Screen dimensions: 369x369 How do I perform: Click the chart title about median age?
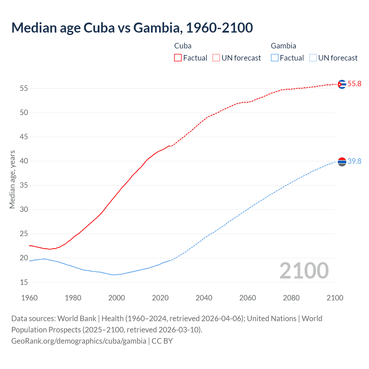[132, 28]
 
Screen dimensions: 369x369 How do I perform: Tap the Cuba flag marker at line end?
[342, 84]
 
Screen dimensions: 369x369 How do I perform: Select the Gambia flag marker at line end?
[342, 162]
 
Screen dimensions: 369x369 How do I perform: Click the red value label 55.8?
[354, 84]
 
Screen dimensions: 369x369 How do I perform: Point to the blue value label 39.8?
[354, 161]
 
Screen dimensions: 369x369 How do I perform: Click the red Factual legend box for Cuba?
[178, 58]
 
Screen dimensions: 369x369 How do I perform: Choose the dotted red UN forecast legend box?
[216, 58]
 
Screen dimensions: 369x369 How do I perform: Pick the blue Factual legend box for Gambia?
[275, 58]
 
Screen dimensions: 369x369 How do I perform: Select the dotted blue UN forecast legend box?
[313, 58]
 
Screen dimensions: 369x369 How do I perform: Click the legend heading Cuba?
[183, 46]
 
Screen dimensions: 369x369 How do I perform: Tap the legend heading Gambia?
[283, 46]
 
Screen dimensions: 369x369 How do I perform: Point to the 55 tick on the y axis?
[24, 89]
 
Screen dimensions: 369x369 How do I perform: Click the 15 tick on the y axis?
[24, 282]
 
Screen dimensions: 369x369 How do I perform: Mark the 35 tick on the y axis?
[24, 185]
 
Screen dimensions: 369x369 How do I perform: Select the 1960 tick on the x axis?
[29, 298]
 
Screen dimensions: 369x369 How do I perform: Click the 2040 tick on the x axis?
[204, 298]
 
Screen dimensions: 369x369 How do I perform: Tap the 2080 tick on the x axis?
[291, 298]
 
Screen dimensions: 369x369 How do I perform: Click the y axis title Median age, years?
[12, 179]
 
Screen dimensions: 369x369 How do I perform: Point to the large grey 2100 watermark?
[304, 270]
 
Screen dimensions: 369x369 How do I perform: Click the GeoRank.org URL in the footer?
[79, 341]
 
